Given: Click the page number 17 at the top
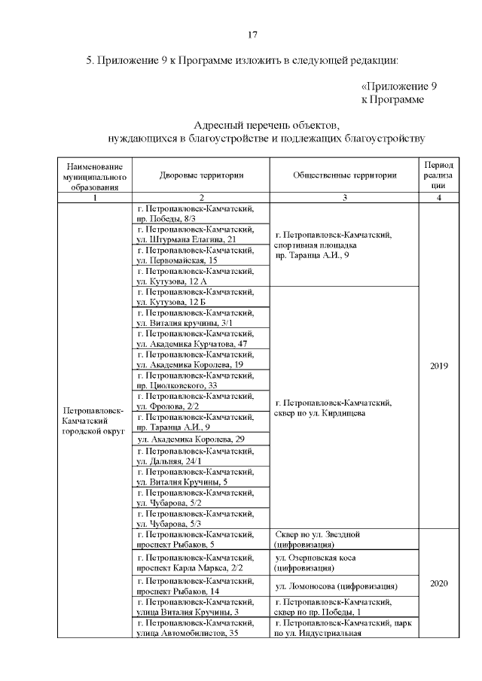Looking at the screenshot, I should point(253,35).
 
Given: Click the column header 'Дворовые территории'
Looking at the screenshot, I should point(201,175).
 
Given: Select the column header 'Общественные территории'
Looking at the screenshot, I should point(344,175).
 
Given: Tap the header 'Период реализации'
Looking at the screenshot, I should point(439,174).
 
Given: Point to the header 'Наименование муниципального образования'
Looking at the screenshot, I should point(95,175).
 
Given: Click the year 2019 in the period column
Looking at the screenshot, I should point(439,366).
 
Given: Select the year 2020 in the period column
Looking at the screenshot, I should point(439,582).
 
